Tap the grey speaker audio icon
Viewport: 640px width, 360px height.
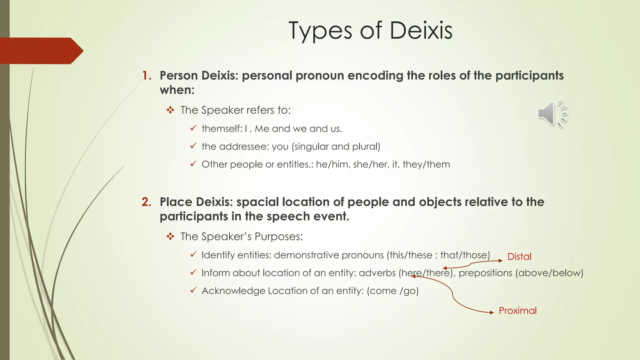click(552, 114)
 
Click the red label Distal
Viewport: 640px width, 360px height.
click(519, 257)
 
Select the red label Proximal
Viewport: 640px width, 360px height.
click(517, 311)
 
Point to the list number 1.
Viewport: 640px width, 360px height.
click(146, 76)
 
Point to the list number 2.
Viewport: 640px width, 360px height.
click(146, 202)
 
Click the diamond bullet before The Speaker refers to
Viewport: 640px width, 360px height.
click(170, 110)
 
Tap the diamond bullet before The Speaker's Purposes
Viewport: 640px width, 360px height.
click(170, 237)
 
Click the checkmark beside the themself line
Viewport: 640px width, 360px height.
click(193, 128)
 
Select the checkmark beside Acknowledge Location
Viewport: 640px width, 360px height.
click(193, 290)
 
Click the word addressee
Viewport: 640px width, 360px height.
click(244, 147)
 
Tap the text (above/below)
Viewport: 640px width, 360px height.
click(549, 273)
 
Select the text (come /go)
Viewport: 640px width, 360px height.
click(392, 291)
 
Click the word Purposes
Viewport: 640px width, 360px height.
click(278, 237)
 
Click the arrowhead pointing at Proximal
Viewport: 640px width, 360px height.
click(492, 312)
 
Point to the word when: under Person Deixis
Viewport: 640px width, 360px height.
click(177, 90)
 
